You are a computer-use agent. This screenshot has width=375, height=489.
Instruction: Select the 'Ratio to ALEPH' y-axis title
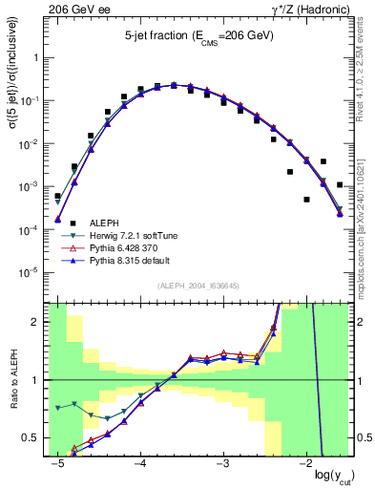pyautogui.click(x=11, y=380)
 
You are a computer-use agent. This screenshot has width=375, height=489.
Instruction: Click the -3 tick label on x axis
pyautogui.click(x=222, y=462)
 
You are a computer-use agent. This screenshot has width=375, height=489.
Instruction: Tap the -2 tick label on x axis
pyautogui.click(x=305, y=462)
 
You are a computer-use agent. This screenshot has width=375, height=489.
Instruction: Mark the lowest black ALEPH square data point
pyautogui.click(x=306, y=200)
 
